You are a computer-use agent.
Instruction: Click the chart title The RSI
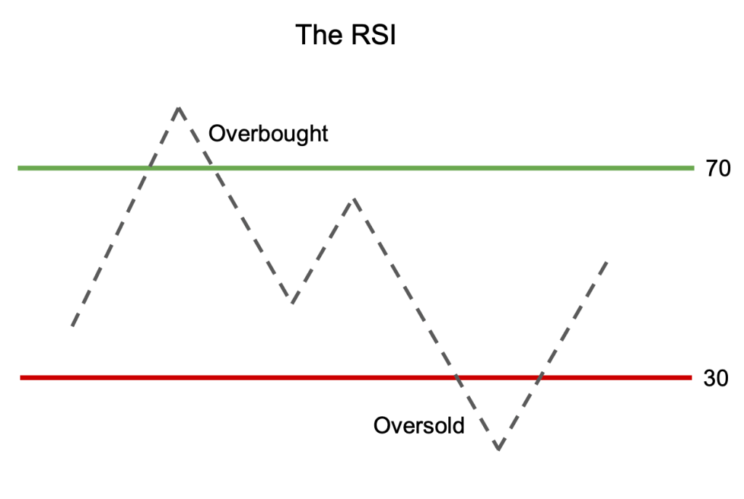[345, 35]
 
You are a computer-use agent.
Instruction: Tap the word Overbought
[268, 134]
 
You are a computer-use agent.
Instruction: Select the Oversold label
[418, 425]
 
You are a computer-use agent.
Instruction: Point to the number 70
[718, 169]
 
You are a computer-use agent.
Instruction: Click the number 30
[716, 378]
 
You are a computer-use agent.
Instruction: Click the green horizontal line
[436, 169]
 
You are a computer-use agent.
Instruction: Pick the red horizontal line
[291, 378]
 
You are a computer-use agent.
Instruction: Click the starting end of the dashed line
[73, 325]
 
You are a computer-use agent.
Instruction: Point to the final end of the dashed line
[606, 261]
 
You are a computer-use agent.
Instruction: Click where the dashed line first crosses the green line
[150, 169]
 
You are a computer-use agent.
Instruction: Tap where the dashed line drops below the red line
[457, 378]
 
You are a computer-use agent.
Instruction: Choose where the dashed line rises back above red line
[538, 378]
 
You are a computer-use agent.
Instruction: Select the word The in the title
[317, 35]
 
